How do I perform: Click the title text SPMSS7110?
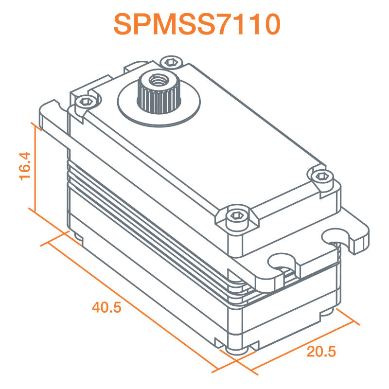[x=197, y=23]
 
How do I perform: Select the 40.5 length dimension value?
[x=106, y=307]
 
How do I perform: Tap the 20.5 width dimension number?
[x=321, y=352]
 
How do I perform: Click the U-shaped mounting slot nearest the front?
[x=283, y=263]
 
